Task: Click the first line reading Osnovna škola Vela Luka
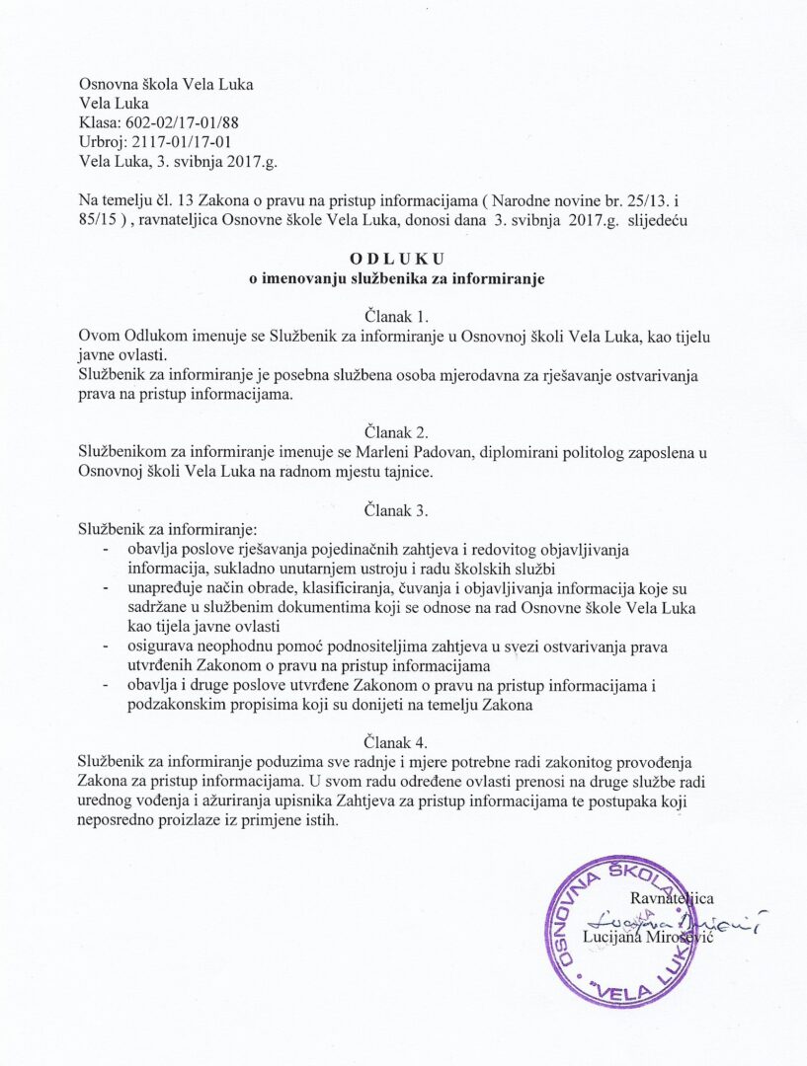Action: coord(166,84)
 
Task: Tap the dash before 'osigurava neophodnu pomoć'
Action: coord(106,646)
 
